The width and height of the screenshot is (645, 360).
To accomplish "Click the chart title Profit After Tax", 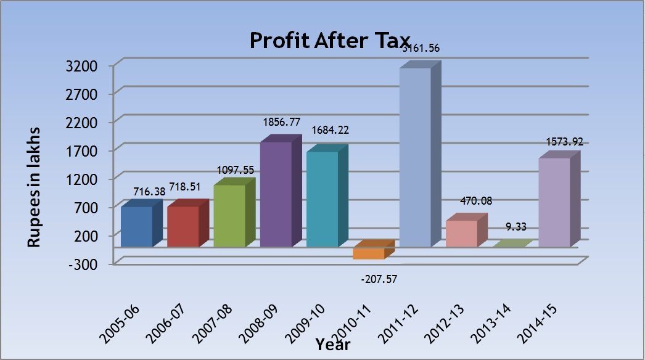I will point(330,41).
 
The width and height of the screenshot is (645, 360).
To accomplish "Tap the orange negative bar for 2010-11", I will point(369,253).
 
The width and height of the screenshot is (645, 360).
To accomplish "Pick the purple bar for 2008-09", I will point(276,194).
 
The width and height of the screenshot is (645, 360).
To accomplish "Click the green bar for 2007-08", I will point(229,216).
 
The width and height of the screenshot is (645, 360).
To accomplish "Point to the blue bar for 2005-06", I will point(136,226).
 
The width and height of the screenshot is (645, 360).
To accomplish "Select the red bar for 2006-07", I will point(183,226).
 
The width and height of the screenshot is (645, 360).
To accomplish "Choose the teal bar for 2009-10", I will point(322,199).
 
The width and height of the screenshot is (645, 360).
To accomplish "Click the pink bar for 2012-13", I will point(462,234).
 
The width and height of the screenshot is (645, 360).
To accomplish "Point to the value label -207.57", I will point(379,279).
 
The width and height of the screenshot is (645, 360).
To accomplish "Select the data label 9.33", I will point(516,227).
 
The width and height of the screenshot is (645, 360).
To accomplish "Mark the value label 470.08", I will point(475,201).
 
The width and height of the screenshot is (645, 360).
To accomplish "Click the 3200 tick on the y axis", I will point(87,65).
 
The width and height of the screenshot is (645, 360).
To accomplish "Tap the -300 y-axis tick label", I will point(87,264).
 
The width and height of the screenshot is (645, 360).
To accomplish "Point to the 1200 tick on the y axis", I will point(87,179).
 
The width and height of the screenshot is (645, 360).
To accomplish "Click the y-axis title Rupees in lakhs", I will point(35,187).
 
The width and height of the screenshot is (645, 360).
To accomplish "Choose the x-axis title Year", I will point(333,345).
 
